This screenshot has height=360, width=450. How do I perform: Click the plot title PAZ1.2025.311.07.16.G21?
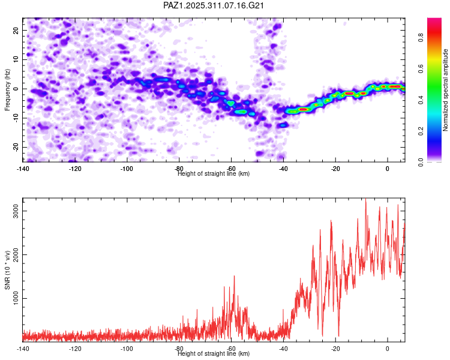[x=214, y=6]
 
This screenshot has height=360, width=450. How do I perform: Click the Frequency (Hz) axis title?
[x=7, y=89]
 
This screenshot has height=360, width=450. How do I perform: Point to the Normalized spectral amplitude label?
[x=446, y=90]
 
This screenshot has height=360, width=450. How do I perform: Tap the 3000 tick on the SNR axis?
[x=13, y=211]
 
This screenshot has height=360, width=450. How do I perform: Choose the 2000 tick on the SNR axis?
[x=13, y=254]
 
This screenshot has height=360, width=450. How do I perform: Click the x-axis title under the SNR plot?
[x=214, y=354]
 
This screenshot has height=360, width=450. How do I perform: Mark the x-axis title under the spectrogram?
[x=214, y=174]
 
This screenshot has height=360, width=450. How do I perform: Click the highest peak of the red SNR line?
[x=365, y=200]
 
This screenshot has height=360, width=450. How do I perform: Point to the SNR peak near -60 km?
[x=234, y=276]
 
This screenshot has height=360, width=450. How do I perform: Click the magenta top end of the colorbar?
[x=434, y=21]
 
